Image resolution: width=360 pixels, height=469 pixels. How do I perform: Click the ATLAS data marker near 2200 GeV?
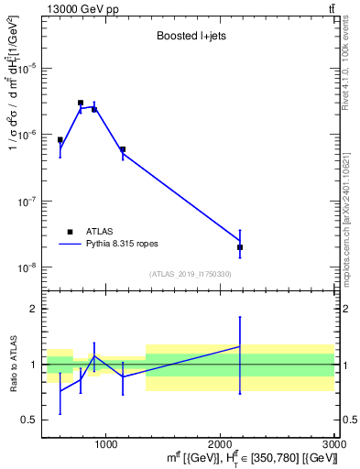(240, 247)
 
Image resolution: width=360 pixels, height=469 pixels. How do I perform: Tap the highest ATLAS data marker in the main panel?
(81, 103)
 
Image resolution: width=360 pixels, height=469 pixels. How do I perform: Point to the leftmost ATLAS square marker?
(60, 140)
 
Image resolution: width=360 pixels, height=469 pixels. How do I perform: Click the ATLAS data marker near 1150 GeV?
(123, 149)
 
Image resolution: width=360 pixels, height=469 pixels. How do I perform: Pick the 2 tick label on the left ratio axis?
(34, 309)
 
